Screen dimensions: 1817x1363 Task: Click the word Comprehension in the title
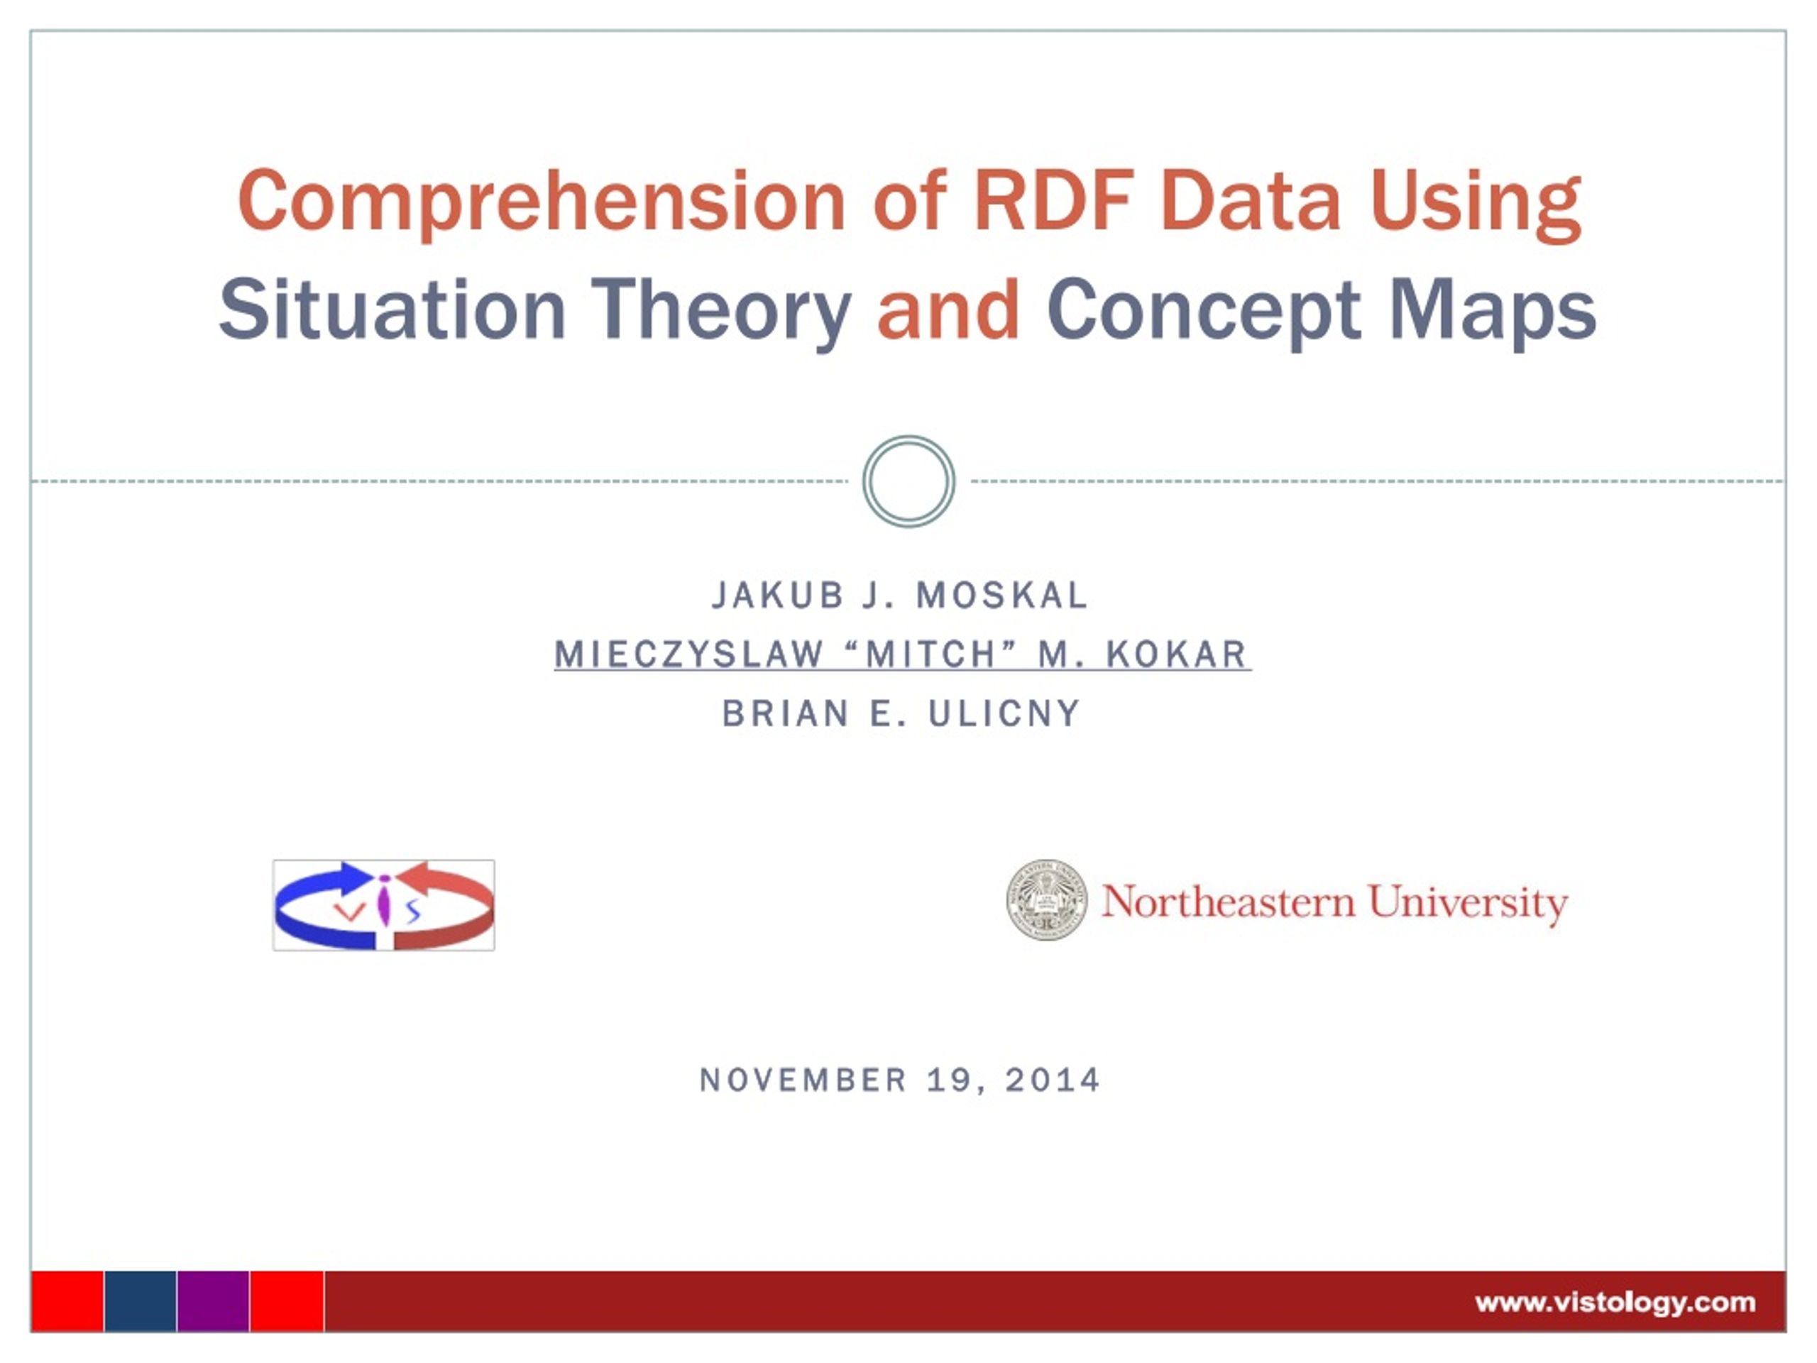click(542, 202)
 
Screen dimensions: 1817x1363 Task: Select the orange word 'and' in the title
click(948, 310)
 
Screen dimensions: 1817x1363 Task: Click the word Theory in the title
click(721, 313)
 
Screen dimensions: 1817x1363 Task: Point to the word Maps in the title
click(1493, 313)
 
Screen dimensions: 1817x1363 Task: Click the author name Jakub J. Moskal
click(900, 595)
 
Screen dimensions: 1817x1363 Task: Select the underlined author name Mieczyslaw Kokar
click(902, 654)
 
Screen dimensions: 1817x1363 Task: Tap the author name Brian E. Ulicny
click(901, 713)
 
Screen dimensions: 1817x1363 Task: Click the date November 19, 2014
click(899, 1080)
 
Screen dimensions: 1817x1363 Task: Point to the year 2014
click(1053, 1080)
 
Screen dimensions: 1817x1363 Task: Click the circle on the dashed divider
click(908, 481)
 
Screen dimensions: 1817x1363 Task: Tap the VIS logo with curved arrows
click(383, 905)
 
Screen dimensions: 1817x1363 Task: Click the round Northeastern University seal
click(1046, 899)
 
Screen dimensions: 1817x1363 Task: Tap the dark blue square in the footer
click(141, 1301)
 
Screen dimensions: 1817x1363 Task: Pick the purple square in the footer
click(214, 1301)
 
